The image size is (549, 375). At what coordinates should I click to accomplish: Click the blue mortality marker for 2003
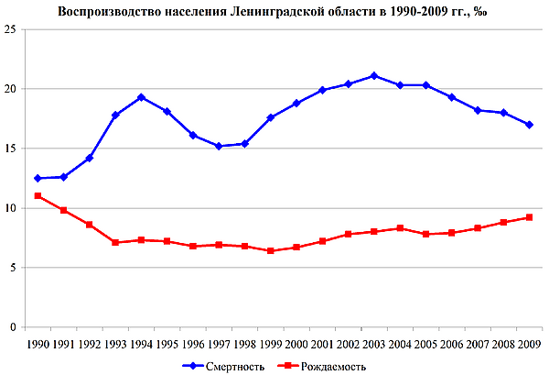(373, 75)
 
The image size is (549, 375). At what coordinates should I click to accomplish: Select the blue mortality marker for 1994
(141, 97)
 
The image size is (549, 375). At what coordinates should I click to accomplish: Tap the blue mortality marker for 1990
(38, 178)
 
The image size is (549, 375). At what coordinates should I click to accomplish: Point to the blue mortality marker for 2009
(529, 125)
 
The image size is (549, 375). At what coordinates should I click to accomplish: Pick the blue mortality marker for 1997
(219, 146)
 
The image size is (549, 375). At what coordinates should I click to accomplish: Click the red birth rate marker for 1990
(38, 196)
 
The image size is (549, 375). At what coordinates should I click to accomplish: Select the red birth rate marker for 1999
(270, 250)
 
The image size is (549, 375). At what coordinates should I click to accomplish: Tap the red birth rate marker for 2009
(529, 217)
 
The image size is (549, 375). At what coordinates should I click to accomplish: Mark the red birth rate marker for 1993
(115, 242)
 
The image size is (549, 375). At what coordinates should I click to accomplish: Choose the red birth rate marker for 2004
(400, 228)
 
